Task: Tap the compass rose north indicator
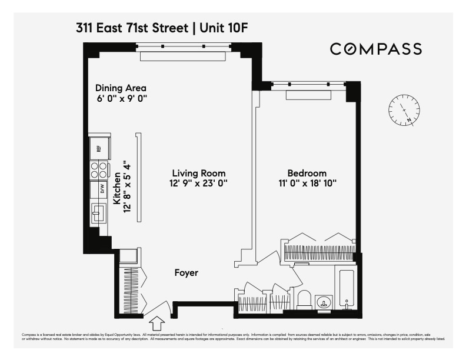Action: point(404,110)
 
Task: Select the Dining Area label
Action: point(121,88)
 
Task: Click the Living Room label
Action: point(199,173)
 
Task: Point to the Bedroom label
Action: point(307,173)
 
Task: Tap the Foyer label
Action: point(186,273)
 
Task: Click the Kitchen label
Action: point(117,188)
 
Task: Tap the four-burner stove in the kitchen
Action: point(99,170)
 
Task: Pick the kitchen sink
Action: point(98,213)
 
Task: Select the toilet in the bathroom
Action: point(304,299)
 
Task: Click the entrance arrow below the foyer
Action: point(157,323)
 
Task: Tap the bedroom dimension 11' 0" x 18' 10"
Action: point(307,184)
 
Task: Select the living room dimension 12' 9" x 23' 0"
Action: point(199,184)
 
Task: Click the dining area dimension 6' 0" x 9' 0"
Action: point(121,99)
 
